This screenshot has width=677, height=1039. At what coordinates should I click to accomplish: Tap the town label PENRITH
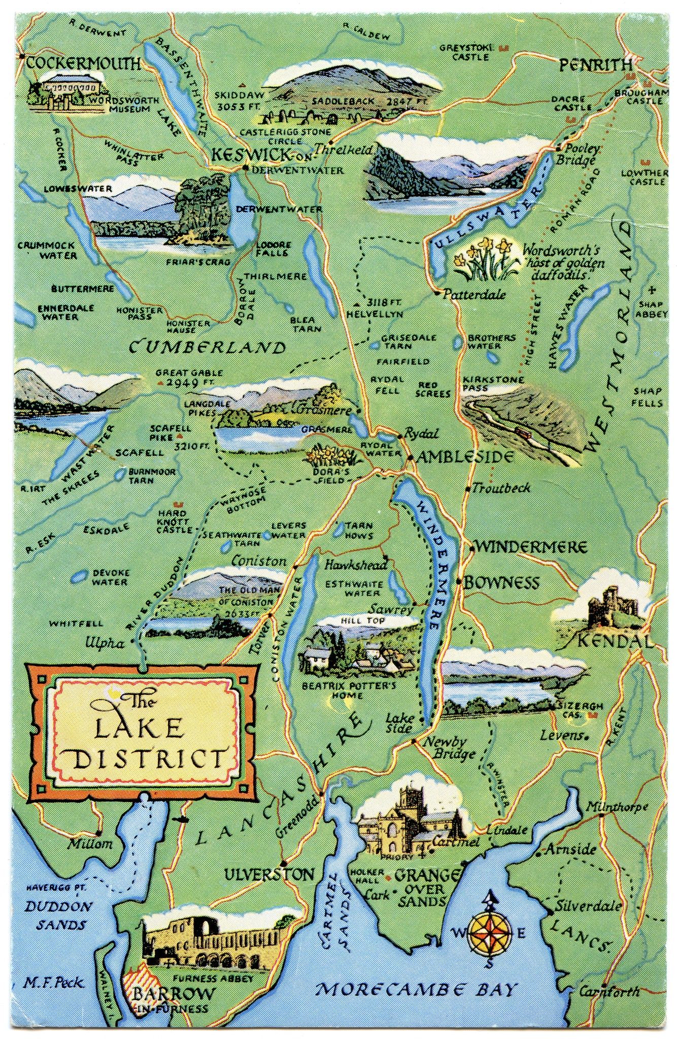click(x=596, y=65)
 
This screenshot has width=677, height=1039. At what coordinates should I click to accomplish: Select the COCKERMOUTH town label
click(x=83, y=63)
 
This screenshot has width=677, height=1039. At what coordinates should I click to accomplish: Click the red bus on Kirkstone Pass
click(x=521, y=431)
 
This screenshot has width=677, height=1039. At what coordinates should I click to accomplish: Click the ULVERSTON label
click(x=270, y=875)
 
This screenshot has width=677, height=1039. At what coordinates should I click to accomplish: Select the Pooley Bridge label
click(x=580, y=154)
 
